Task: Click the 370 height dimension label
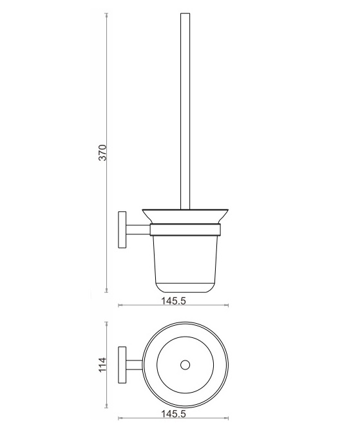[x=103, y=153]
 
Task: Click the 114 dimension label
[x=103, y=364]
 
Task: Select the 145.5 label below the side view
[x=173, y=301]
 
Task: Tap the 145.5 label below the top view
[x=173, y=414]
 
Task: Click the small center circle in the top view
[x=185, y=365]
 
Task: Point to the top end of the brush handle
[x=185, y=13]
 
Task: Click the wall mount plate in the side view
[x=122, y=230]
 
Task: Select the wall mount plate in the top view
[x=122, y=365]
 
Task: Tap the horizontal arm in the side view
[x=138, y=230]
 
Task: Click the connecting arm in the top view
[x=134, y=365]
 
